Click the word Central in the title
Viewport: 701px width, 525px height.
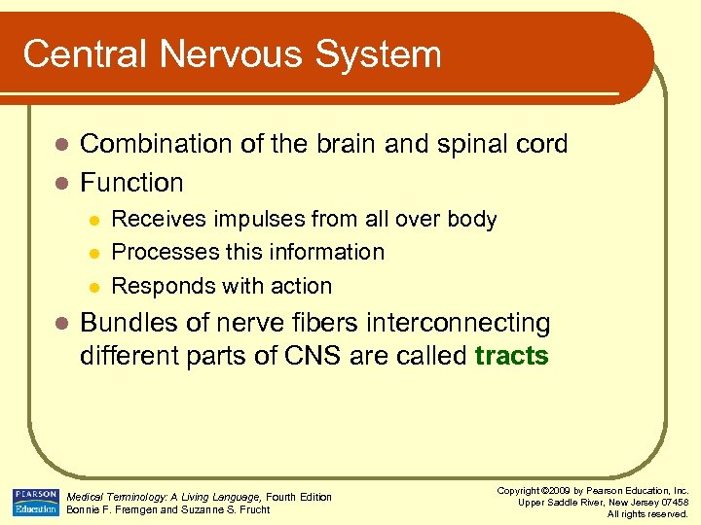click(x=77, y=53)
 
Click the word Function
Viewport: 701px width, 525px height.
click(x=131, y=183)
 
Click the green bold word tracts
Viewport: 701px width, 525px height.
click(x=512, y=356)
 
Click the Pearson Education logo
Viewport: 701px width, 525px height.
click(x=35, y=502)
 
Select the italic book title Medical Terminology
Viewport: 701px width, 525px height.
click(x=118, y=497)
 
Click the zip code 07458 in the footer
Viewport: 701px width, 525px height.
click(x=670, y=502)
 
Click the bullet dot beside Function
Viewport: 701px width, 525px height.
click(x=60, y=183)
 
